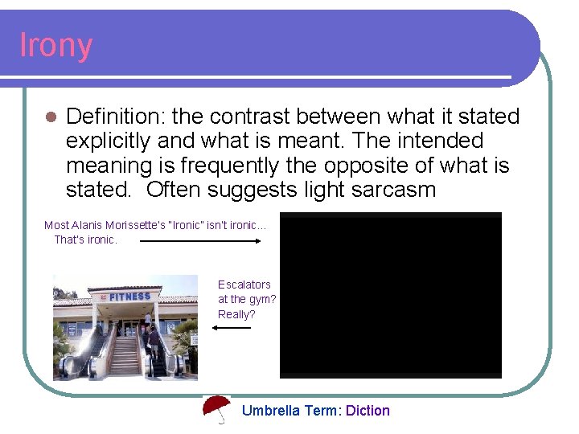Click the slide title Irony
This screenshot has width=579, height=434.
[55, 46]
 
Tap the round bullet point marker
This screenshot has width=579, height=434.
[51, 117]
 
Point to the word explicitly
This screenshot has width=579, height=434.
[109, 141]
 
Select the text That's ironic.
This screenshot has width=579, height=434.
[85, 240]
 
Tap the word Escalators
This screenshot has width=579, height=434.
[244, 285]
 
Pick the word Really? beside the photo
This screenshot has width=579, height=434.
[236, 314]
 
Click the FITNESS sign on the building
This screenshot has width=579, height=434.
[129, 297]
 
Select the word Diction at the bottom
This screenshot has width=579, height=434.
[368, 411]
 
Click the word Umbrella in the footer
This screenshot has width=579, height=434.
[271, 411]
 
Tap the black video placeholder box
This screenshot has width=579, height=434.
[390, 295]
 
